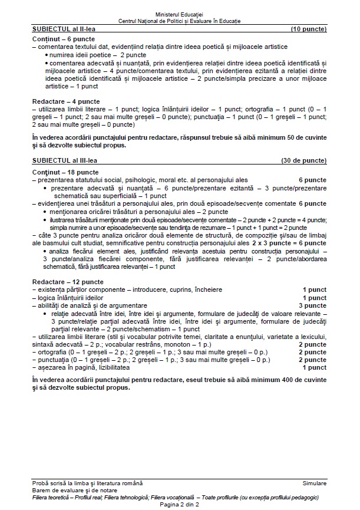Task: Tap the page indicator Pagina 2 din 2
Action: (x=179, y=505)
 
